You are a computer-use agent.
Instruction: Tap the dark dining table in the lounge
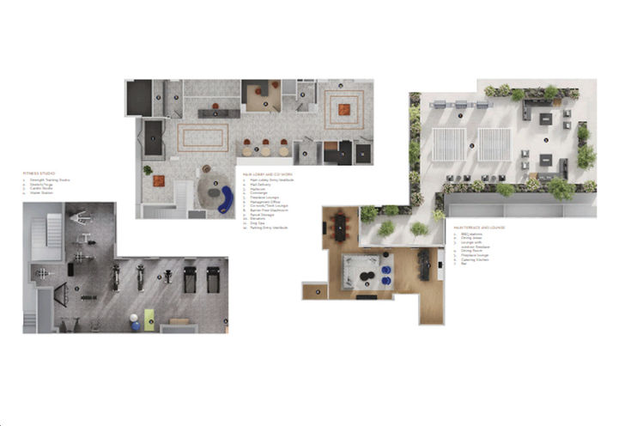coord(341,226)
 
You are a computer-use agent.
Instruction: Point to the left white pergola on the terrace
coord(448,144)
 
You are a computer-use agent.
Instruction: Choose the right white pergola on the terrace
coord(495,144)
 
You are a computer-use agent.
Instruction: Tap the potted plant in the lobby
coord(148,170)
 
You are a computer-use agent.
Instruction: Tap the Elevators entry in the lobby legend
coord(261,217)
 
